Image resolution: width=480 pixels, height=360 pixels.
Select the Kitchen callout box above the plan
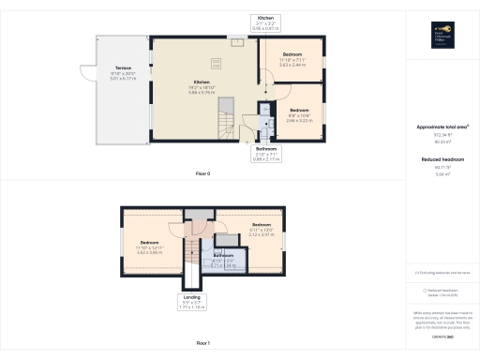[265, 24]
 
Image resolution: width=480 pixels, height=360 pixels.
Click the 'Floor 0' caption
[202, 174]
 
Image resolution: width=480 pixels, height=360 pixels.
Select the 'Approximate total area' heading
[442, 127]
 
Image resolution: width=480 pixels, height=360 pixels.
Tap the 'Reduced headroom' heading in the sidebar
[442, 159]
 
